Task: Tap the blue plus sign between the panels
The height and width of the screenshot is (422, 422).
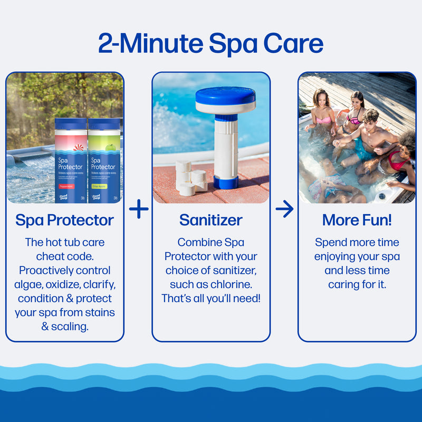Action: click(x=139, y=209)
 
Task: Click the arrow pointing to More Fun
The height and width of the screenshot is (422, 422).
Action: click(x=284, y=209)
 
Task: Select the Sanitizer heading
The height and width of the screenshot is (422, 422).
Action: click(x=211, y=220)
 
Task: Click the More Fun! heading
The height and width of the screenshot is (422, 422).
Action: click(x=357, y=220)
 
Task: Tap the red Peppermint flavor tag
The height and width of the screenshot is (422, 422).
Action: click(x=67, y=186)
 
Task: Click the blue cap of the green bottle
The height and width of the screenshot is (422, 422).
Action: click(x=103, y=125)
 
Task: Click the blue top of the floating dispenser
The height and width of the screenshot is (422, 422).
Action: click(x=225, y=96)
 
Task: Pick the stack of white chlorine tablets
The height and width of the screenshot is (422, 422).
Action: click(x=190, y=177)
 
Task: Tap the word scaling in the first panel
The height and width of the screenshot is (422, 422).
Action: click(x=70, y=327)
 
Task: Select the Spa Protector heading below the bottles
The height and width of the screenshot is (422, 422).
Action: click(x=64, y=220)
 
